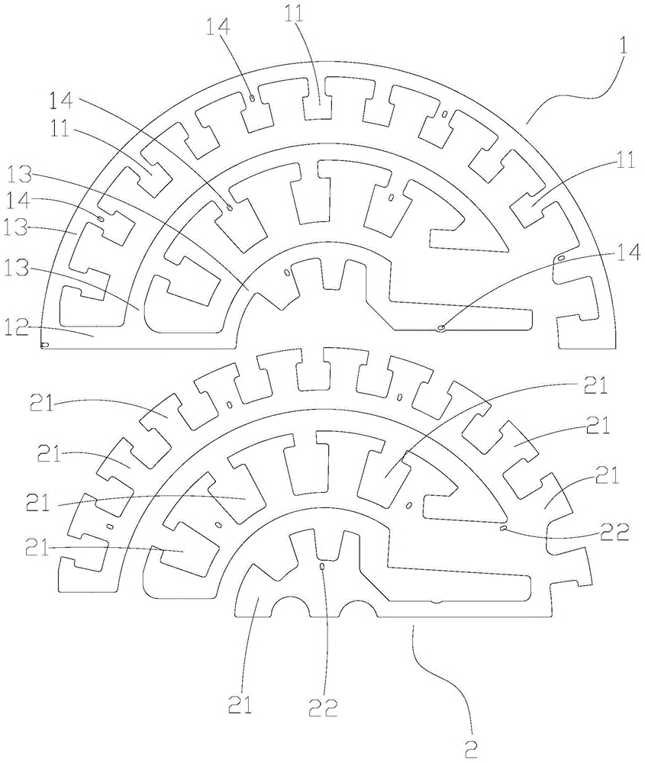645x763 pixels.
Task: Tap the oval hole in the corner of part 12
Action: coord(44,345)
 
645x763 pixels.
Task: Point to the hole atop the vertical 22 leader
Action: coord(323,567)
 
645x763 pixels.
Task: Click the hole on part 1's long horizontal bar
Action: coord(441,328)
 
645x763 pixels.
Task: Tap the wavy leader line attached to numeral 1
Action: coord(565,95)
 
